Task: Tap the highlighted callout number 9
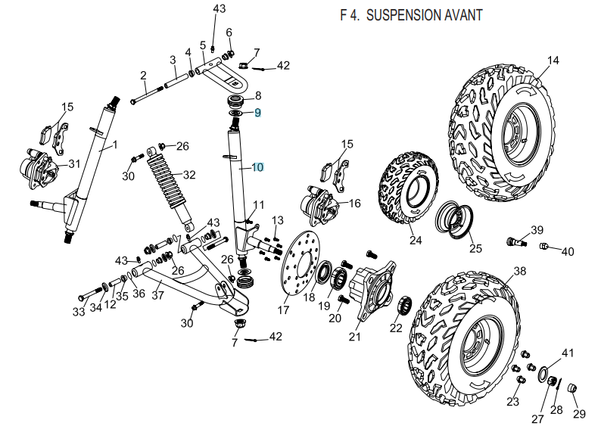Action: click(x=257, y=113)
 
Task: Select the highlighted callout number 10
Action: click(x=257, y=167)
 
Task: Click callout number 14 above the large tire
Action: click(x=553, y=61)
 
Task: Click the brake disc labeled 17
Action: click(x=296, y=268)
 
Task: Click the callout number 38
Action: click(x=519, y=271)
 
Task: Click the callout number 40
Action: click(x=567, y=250)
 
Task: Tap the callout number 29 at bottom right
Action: click(x=579, y=414)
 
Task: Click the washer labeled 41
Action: click(x=544, y=373)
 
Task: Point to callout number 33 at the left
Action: click(x=79, y=311)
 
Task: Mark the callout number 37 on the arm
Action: click(x=157, y=296)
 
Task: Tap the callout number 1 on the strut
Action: click(x=116, y=144)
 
